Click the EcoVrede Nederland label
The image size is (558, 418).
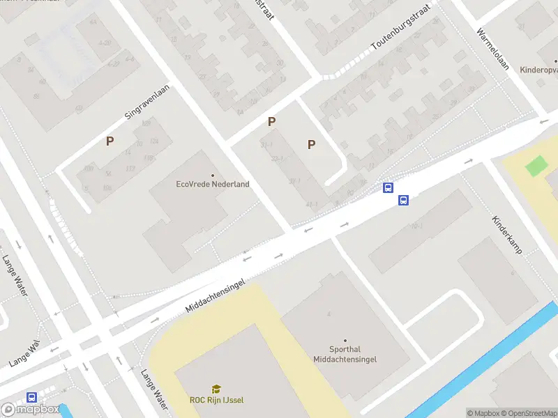pos(213,185)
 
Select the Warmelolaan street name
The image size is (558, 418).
pos(493,50)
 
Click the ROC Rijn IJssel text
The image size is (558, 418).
pos(216,400)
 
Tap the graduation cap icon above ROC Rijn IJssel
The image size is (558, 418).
pos(216,389)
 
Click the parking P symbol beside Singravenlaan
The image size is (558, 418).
pos(110,141)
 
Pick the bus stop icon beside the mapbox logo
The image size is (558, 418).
pos(31,397)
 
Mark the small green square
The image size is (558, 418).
pos(536,167)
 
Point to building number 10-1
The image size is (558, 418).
pos(417,226)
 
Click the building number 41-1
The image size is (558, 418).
pos(312,204)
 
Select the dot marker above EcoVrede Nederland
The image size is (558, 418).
pos(213,176)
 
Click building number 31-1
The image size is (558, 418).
pos(266,145)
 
